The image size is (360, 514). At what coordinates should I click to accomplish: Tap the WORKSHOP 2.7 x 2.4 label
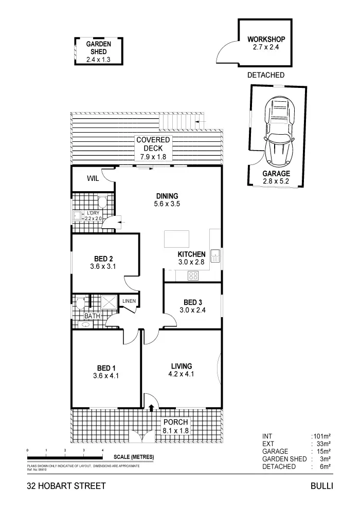point(265,43)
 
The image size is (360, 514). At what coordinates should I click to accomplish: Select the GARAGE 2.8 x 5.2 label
point(276,177)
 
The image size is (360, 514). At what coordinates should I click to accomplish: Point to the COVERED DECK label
point(153,149)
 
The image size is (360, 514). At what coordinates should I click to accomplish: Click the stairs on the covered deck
point(178,122)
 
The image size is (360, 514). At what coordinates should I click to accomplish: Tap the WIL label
point(93,179)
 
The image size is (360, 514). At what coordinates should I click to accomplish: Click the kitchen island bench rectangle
point(176,239)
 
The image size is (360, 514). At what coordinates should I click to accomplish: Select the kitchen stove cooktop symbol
point(193,275)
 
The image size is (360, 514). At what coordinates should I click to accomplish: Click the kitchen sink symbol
point(215,255)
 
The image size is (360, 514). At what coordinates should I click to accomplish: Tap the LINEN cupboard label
point(129,301)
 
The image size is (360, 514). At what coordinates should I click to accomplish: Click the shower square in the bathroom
point(109,302)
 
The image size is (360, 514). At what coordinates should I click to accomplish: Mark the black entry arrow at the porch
point(151,408)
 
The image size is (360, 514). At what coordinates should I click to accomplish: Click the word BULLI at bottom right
point(322,486)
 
